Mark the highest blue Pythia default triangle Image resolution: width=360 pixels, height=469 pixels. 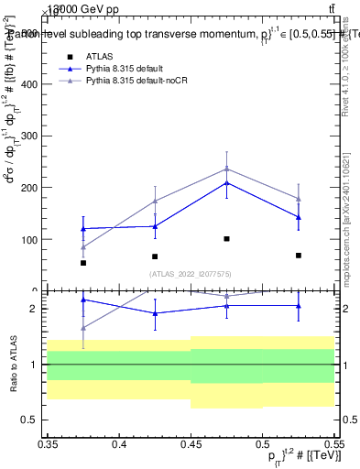pyautogui.click(x=227, y=183)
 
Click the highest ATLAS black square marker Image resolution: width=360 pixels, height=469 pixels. pyautogui.click(x=227, y=238)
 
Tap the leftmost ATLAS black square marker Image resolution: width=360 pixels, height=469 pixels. pyautogui.click(x=83, y=263)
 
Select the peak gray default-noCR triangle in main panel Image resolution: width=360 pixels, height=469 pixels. pyautogui.click(x=227, y=169)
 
